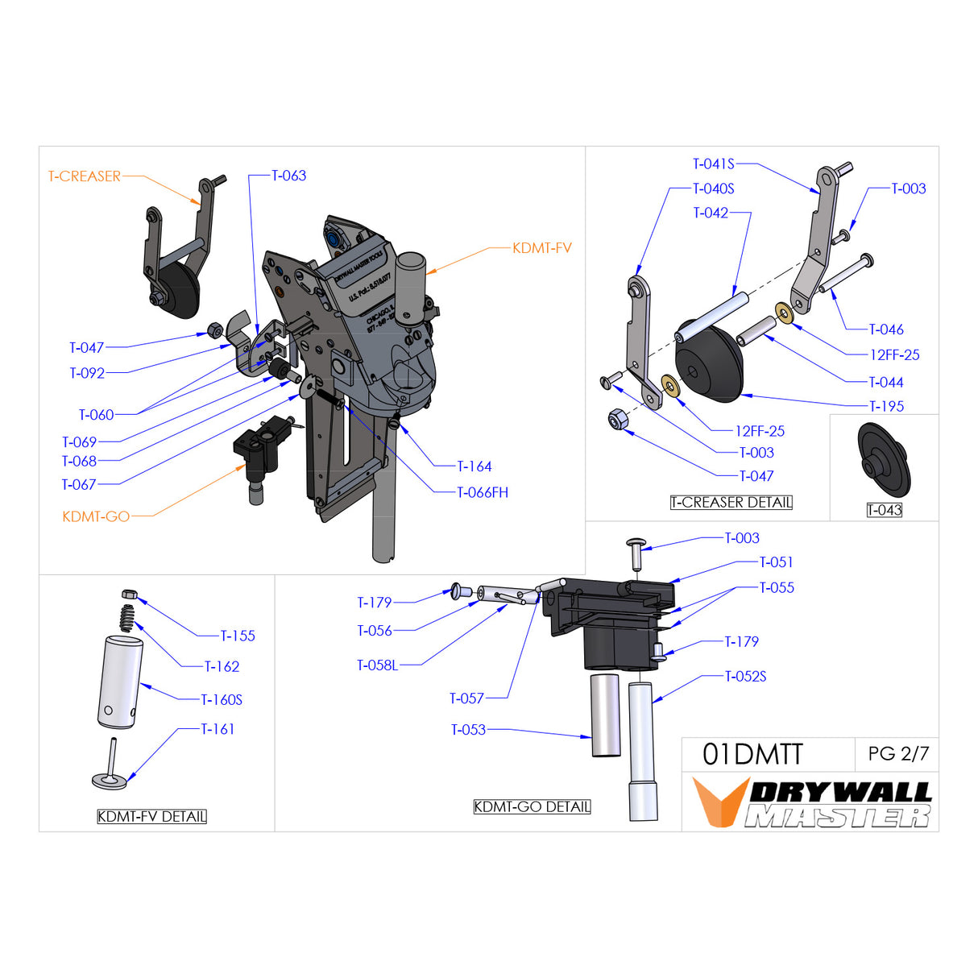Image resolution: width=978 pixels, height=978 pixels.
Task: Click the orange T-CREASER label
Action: [x=84, y=176]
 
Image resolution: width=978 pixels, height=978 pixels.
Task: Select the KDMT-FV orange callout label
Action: [x=541, y=248]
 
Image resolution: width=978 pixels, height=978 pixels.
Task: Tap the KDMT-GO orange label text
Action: [x=96, y=516]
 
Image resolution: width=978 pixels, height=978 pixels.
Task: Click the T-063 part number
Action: [x=288, y=176]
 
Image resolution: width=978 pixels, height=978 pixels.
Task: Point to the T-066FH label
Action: [x=482, y=492]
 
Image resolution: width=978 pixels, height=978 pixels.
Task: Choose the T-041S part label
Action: [x=713, y=164]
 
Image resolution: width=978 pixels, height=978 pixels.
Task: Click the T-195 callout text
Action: [x=885, y=407]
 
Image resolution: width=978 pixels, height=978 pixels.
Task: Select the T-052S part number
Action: [x=745, y=677]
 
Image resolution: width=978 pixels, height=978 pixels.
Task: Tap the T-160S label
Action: [x=222, y=700]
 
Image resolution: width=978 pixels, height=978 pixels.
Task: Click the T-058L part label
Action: [x=377, y=665]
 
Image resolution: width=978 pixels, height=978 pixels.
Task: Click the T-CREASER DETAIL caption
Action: [x=731, y=503]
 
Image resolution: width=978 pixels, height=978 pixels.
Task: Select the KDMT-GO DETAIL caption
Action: [x=532, y=807]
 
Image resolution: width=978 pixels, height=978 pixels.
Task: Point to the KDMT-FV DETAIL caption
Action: [x=151, y=817]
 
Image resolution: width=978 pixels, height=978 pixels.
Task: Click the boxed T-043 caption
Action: [x=884, y=510]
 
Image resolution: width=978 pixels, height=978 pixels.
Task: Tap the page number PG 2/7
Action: [x=897, y=754]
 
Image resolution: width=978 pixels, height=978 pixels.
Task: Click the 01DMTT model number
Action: [x=752, y=755]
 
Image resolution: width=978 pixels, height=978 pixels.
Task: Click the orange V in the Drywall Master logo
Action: [x=719, y=802]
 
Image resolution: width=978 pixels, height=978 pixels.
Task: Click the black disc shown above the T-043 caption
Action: [x=884, y=459]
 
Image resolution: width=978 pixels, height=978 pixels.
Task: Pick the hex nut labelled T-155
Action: [x=129, y=595]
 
